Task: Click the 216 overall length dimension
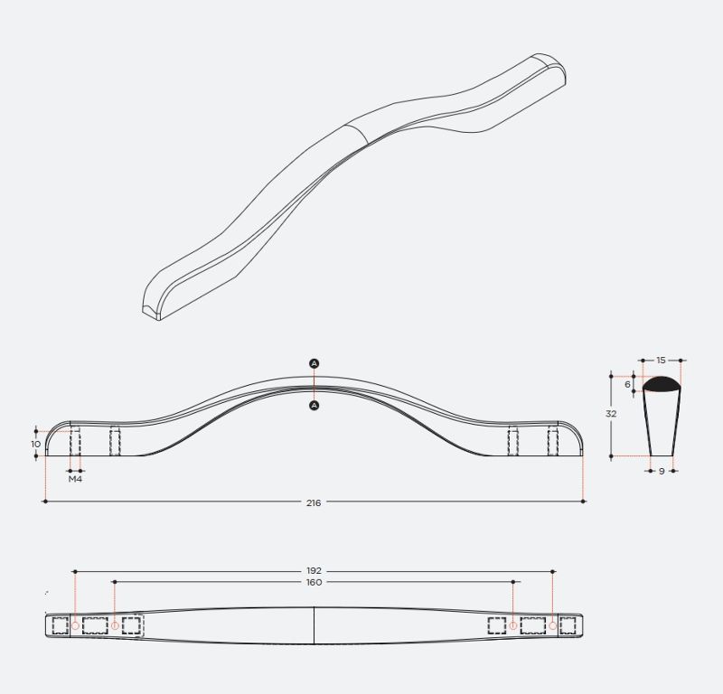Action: (314, 502)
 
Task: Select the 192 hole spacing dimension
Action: (314, 571)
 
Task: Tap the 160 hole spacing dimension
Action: (314, 583)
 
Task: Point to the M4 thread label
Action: (75, 479)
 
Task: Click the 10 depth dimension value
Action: (36, 444)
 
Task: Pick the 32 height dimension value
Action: (611, 414)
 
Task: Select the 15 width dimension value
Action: (662, 361)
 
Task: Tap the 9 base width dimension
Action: (662, 472)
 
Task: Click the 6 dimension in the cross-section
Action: (627, 384)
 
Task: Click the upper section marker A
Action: (314, 363)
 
